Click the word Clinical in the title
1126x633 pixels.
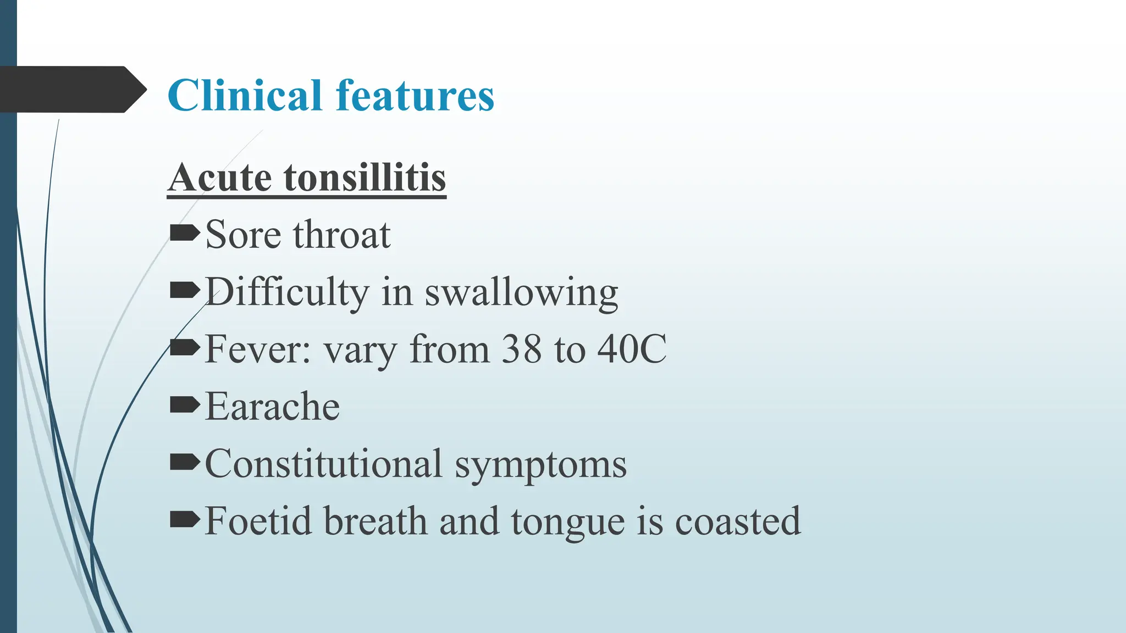click(x=245, y=96)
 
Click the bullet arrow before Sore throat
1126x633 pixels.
click(x=184, y=234)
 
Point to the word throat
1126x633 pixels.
click(x=341, y=235)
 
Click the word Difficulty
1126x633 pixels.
click(x=286, y=292)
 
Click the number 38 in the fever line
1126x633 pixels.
click(x=521, y=349)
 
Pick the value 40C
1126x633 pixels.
click(x=632, y=349)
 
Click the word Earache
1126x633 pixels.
click(x=272, y=407)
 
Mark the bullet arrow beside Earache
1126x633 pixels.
click(x=184, y=406)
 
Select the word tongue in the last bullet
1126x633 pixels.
click(x=568, y=523)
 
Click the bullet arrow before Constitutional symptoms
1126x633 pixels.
click(x=184, y=463)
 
